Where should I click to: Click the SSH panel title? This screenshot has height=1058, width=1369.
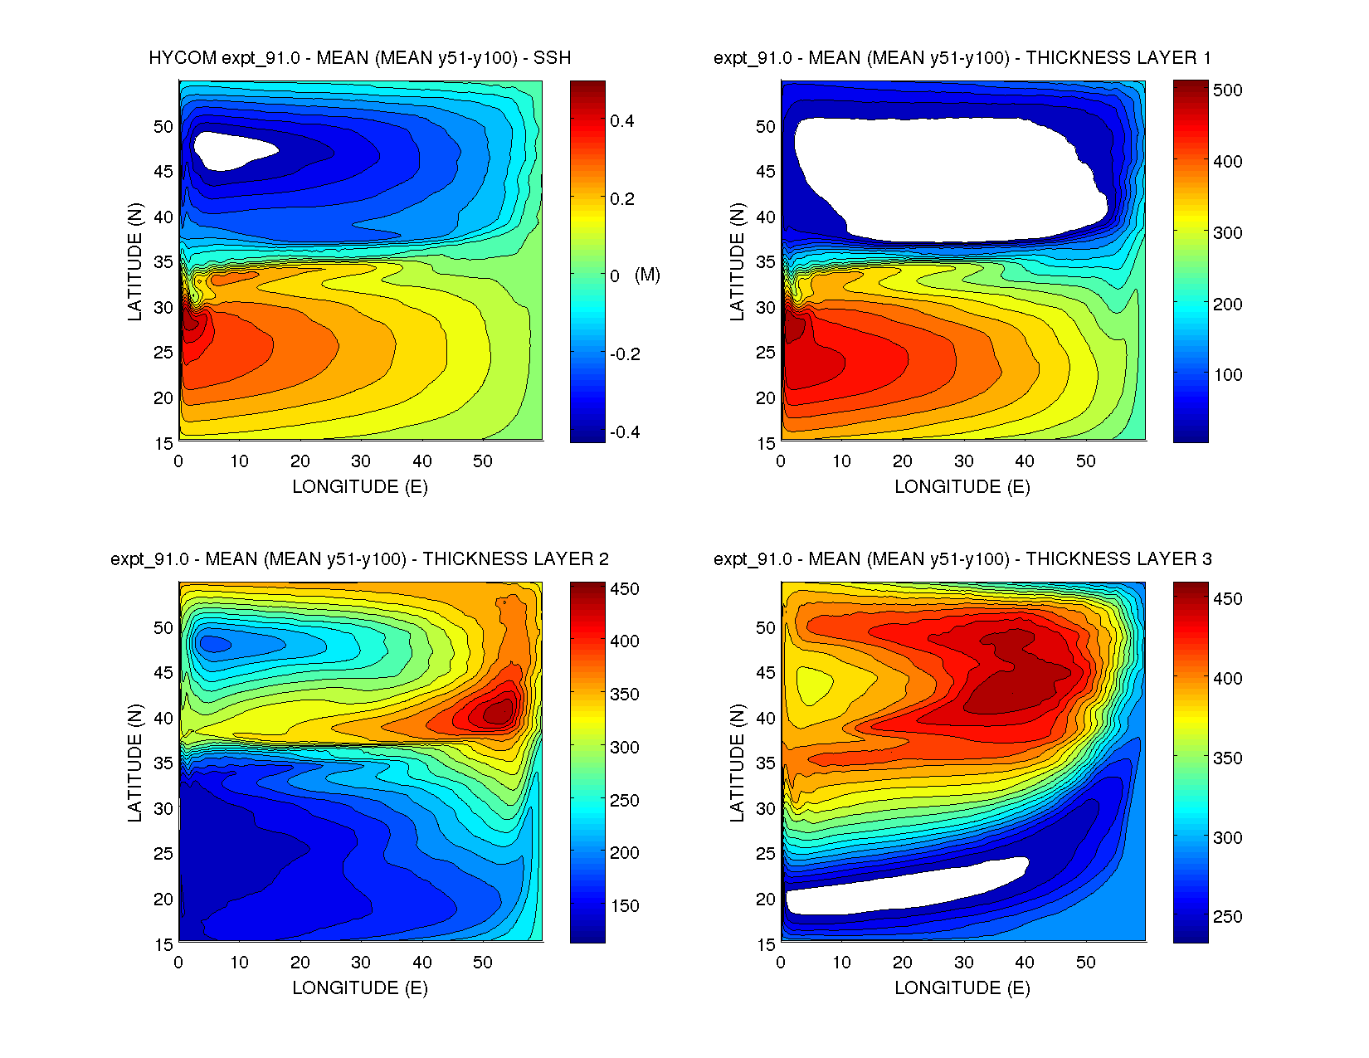pos(359,58)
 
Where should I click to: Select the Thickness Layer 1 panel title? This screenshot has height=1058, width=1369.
pos(962,58)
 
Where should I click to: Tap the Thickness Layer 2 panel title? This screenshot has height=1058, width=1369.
pos(359,559)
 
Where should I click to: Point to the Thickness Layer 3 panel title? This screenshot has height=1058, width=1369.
pos(962,559)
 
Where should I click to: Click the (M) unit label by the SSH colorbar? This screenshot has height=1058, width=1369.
pos(647,275)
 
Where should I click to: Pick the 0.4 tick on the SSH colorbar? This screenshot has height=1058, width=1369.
pos(621,121)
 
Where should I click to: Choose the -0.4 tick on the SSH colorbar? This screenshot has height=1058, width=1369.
pos(624,432)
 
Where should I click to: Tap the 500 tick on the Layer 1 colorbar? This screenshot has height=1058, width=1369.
pos(1227,90)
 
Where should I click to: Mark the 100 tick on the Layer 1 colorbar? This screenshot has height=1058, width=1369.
pos(1227,375)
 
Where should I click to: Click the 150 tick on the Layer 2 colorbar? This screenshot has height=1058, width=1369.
pos(625,906)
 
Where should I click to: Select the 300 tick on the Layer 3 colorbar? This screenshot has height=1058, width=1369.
pos(1227,838)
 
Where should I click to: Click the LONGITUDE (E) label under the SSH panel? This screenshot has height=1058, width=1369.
pos(359,487)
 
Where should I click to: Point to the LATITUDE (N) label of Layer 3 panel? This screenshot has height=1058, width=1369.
pos(738,762)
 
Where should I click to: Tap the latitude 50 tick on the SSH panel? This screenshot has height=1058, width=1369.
pos(163,127)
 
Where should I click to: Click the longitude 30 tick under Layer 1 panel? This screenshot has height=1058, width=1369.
pos(963,461)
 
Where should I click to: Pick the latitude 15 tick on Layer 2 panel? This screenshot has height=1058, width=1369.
pos(163,944)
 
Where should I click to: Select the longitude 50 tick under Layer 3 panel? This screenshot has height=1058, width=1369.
pos(1085,963)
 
